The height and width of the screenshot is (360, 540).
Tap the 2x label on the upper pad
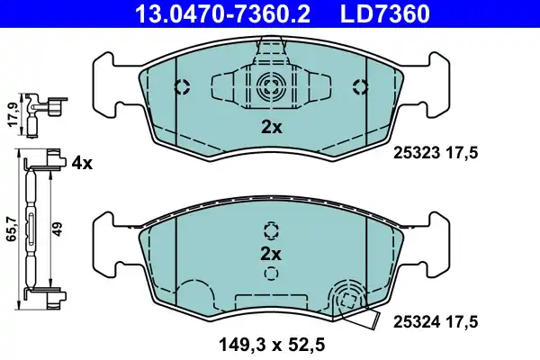click(x=271, y=128)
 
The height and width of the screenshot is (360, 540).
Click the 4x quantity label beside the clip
click(x=82, y=163)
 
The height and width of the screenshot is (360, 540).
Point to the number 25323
click(x=415, y=154)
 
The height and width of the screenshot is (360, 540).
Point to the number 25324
click(x=414, y=319)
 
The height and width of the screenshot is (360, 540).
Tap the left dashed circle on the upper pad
click(x=181, y=87)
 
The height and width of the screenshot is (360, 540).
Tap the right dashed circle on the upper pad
click(x=361, y=87)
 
